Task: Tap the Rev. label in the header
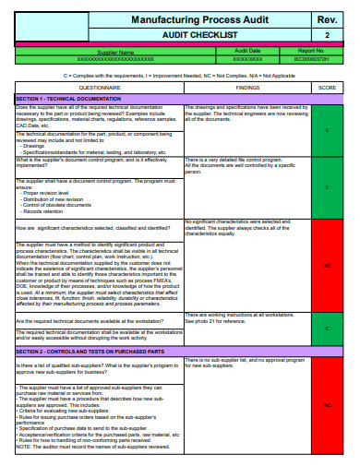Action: coord(327,19)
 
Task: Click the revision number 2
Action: coord(327,35)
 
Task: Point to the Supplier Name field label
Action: coord(118,51)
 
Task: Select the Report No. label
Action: coord(310,51)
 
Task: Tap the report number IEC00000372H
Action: coord(310,58)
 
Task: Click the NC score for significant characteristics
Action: coord(327,266)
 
